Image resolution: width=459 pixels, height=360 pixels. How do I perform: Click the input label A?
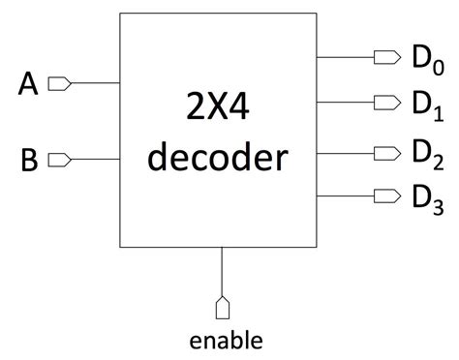[x=29, y=85]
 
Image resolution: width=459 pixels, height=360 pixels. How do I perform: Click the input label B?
[x=29, y=159]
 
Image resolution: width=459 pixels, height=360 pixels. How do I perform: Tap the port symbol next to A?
[x=59, y=84]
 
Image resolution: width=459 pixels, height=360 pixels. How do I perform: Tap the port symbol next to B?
[x=59, y=158]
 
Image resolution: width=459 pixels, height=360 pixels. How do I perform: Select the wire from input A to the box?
[x=95, y=84]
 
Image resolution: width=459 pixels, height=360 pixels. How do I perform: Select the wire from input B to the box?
[x=95, y=158]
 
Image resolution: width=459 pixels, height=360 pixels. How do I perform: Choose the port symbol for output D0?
[x=387, y=57]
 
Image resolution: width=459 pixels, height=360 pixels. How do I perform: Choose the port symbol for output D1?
[x=387, y=103]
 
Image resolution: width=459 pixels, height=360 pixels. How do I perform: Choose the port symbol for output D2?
[x=387, y=152]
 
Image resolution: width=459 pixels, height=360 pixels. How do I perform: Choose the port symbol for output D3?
[x=387, y=195]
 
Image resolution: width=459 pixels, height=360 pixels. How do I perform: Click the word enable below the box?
[x=225, y=340]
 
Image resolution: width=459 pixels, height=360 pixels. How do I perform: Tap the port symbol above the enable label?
[x=224, y=308]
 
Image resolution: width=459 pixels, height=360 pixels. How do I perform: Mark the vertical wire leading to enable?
[x=224, y=271]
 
